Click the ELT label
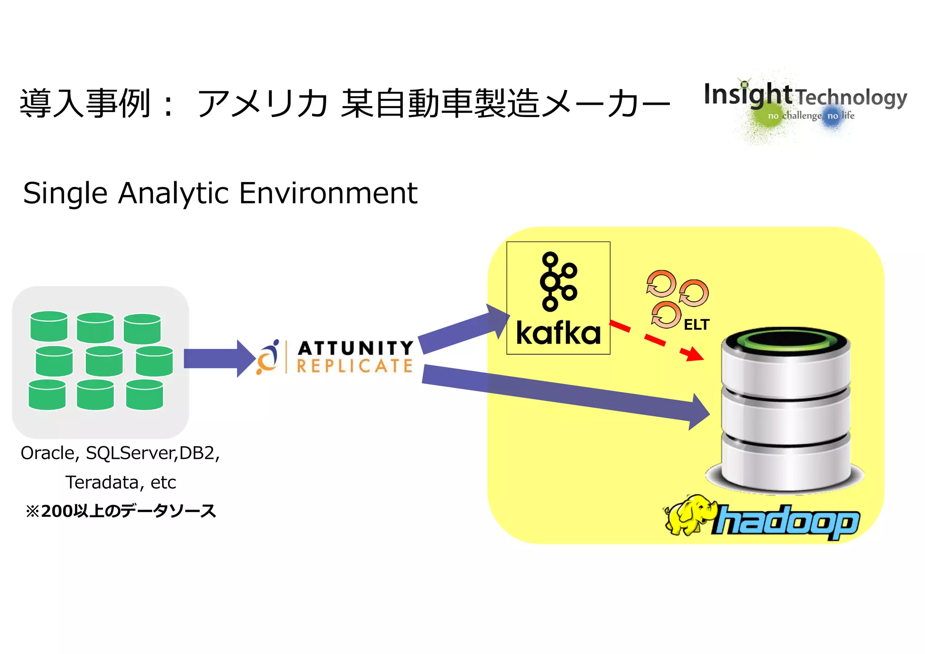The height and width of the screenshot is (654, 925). pos(696,325)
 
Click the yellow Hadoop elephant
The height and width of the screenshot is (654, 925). pos(689,515)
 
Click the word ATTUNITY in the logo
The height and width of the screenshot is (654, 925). pos(355,348)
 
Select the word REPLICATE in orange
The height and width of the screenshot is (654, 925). pos(355,366)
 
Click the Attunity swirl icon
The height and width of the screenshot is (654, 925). pos(268,357)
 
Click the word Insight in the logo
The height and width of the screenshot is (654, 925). pos(747,95)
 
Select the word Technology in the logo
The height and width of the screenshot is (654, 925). pos(851,98)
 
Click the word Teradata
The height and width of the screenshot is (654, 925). pos(102,482)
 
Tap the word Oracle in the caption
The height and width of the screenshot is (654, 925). pos(47,453)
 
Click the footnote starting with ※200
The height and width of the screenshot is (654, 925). pos(121,511)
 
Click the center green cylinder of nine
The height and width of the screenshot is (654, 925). pos(104,361)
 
